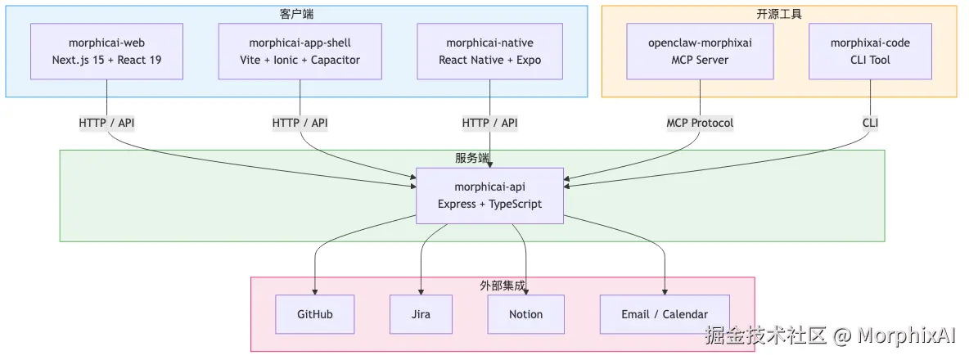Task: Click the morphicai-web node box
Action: pos(107,52)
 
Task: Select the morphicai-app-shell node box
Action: pos(300,52)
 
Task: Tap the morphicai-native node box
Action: pos(489,52)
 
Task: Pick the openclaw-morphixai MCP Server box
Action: pos(700,52)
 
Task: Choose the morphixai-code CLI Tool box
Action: pos(870,52)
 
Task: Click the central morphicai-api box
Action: pos(489,196)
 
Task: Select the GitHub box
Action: pos(315,314)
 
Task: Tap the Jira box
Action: pos(421,314)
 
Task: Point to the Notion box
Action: pos(525,314)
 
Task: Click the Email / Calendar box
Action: pos(664,314)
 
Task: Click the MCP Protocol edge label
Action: pos(700,123)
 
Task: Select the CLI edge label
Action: pos(870,123)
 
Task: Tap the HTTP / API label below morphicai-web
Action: pos(107,123)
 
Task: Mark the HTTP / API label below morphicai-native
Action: pos(489,123)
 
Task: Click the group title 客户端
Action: pos(296,14)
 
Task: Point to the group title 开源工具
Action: pos(779,14)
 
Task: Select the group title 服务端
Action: pos(472,158)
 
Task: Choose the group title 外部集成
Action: pos(503,286)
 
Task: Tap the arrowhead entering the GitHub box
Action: pos(315,290)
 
